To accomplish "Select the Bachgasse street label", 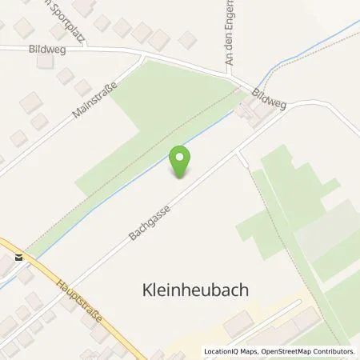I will [x=149, y=215].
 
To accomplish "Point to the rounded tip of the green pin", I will [x=182, y=177].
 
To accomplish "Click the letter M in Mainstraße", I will [x=74, y=118].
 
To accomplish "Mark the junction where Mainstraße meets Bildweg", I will [x=142, y=56].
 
